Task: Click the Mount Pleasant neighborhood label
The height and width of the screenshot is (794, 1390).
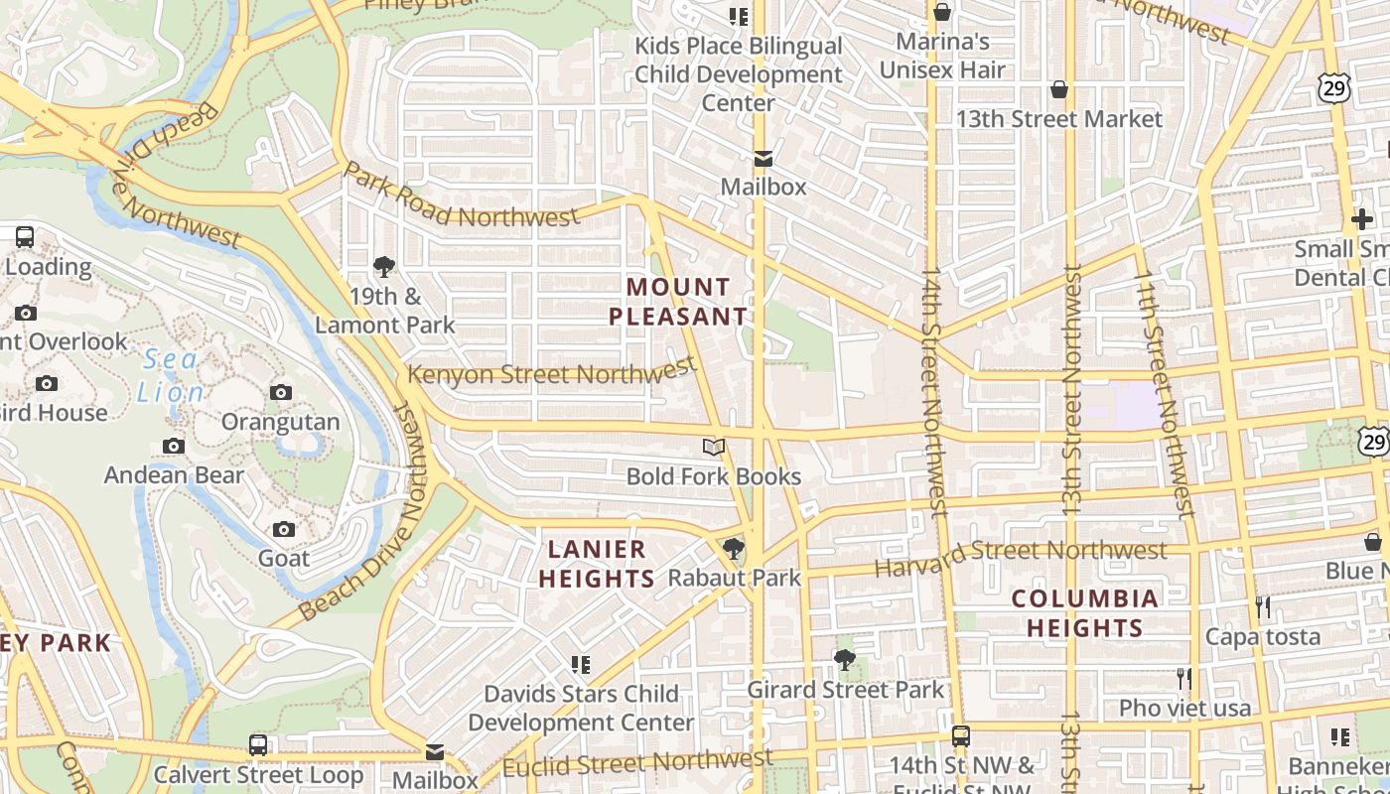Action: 677,302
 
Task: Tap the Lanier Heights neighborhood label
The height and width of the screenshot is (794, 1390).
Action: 597,564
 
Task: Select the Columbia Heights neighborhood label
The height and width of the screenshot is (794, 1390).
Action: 1084,613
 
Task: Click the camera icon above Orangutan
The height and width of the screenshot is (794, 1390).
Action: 281,392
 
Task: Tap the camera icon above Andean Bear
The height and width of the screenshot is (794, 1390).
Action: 174,447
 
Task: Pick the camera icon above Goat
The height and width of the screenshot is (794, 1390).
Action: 284,529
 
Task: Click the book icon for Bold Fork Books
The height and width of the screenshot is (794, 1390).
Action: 714,448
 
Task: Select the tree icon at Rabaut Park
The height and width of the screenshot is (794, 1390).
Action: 734,548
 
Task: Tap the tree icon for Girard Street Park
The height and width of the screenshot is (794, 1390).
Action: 845,660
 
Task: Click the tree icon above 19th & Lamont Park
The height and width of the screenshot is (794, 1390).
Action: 384,266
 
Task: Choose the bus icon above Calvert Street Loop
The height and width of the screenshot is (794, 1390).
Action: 258,744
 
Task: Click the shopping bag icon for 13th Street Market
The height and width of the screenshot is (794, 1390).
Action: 1059,90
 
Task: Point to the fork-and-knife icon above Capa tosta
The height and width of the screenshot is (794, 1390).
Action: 1263,606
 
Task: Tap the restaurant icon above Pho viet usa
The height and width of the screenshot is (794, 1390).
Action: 1183,679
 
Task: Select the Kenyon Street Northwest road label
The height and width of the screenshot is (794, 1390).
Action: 552,373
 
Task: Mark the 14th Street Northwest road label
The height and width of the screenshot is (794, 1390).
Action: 934,389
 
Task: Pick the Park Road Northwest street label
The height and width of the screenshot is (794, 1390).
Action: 461,197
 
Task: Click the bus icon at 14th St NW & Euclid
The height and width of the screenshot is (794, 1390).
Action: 960,736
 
